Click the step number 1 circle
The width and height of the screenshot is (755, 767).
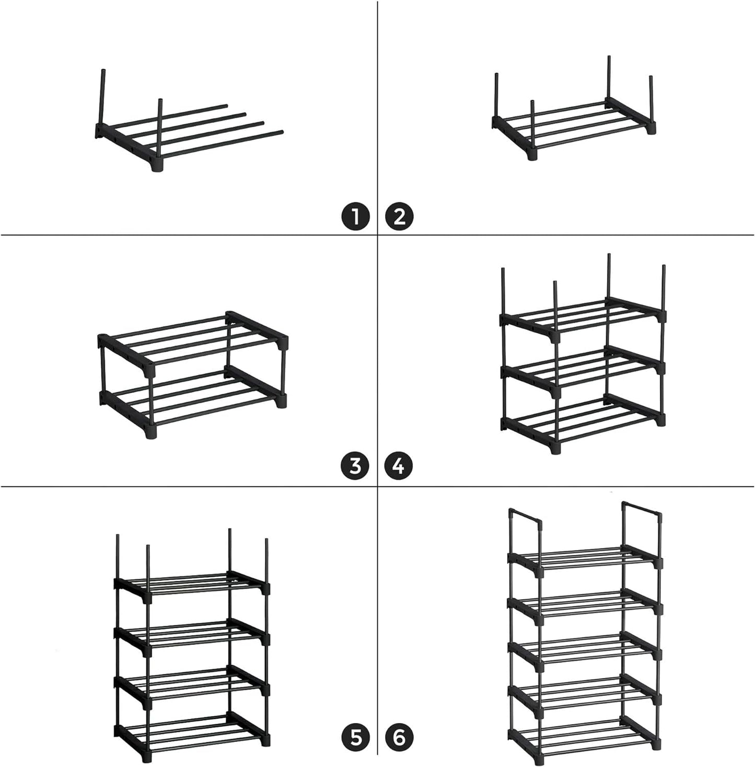[356, 216]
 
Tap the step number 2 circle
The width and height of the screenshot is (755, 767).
[399, 216]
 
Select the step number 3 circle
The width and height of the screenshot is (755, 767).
[356, 465]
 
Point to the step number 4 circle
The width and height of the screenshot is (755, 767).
[399, 465]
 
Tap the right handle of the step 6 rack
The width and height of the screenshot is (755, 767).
[642, 510]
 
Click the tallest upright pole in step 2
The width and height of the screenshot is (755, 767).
[609, 76]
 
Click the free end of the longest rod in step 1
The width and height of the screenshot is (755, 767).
[281, 132]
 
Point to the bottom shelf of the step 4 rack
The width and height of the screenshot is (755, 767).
[583, 421]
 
